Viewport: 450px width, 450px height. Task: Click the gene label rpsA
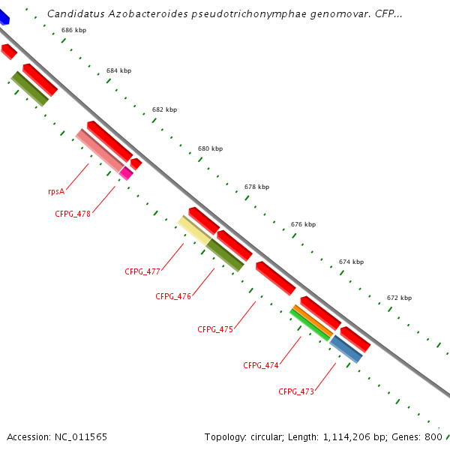coord(56,191)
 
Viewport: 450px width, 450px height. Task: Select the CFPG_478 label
coord(73,214)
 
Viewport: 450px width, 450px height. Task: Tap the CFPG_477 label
coord(142,271)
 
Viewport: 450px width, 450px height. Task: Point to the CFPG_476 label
coord(173,296)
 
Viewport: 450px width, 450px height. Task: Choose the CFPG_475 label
coord(215,329)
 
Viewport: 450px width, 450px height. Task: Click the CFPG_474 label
coord(261,365)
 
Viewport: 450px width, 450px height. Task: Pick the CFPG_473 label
coord(296,391)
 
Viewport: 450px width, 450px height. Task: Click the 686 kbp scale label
coord(73,31)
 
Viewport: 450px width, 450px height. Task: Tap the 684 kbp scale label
coord(118,70)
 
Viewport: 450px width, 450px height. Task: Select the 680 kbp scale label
coord(210,148)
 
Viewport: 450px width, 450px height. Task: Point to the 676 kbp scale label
coord(303,224)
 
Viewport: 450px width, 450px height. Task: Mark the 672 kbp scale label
coord(399,298)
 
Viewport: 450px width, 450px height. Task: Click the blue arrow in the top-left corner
coord(4,16)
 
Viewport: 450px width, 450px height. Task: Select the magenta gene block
coord(126,172)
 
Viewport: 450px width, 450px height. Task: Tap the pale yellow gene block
coord(193,229)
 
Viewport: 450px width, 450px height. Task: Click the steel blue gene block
coord(346,349)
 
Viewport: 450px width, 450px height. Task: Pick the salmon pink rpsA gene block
coord(100,149)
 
